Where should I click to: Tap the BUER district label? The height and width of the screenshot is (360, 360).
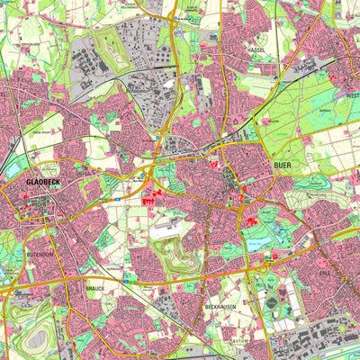[283, 166]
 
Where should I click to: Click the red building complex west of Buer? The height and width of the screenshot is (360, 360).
[149, 200]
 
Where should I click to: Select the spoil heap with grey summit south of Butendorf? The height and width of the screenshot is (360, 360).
[38, 338]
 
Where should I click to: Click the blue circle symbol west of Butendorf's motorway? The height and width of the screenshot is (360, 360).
[17, 292]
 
